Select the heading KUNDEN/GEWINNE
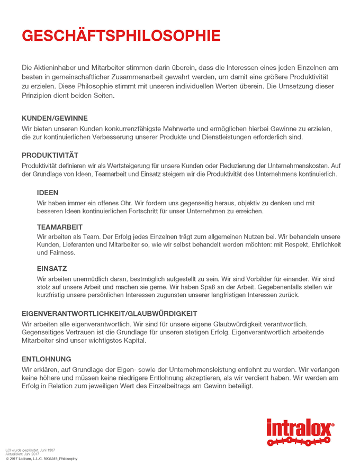(x=55, y=118)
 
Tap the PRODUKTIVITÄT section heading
(x=50, y=155)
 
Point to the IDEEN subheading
(x=48, y=193)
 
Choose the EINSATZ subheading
(x=51, y=269)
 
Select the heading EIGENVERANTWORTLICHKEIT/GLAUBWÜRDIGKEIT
(x=110, y=314)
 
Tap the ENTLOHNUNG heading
(x=46, y=359)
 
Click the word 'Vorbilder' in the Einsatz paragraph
(x=264, y=278)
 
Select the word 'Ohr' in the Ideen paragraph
(x=125, y=202)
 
